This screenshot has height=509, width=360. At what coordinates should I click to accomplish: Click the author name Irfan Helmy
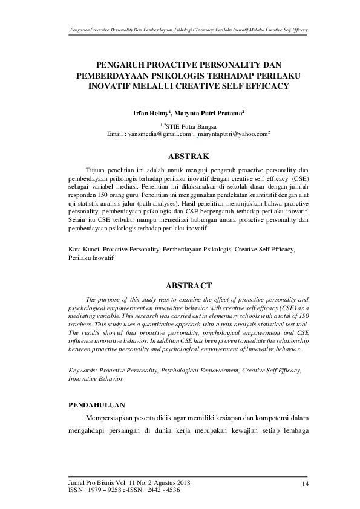pyautogui.click(x=151, y=113)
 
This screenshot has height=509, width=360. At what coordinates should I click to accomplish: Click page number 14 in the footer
pyautogui.click(x=305, y=484)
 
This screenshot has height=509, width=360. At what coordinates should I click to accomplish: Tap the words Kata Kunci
pyautogui.click(x=84, y=248)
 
